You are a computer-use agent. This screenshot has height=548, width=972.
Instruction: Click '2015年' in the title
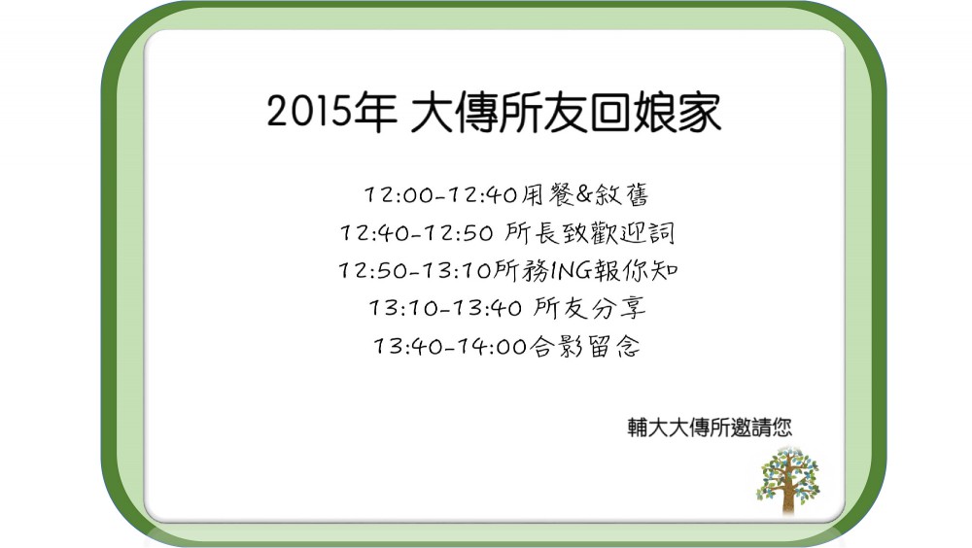(331, 112)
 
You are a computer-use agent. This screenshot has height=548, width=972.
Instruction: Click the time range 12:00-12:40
(440, 194)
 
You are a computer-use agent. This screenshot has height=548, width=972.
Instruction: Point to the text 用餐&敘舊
(584, 194)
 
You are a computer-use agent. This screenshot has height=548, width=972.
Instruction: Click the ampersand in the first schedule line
(584, 194)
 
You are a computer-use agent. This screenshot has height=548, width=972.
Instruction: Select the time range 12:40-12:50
(417, 233)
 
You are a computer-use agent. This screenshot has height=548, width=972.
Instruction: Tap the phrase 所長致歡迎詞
(590, 233)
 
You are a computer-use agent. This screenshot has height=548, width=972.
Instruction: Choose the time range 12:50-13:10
(415, 270)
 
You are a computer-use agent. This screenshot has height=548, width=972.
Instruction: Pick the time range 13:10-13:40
(446, 307)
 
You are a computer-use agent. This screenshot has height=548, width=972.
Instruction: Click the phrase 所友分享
(590, 307)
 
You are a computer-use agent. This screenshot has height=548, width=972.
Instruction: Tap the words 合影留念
(584, 346)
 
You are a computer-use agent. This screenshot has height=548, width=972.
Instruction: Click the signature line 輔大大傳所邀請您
(710, 428)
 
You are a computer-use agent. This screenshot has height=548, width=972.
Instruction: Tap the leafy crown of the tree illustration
(788, 472)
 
